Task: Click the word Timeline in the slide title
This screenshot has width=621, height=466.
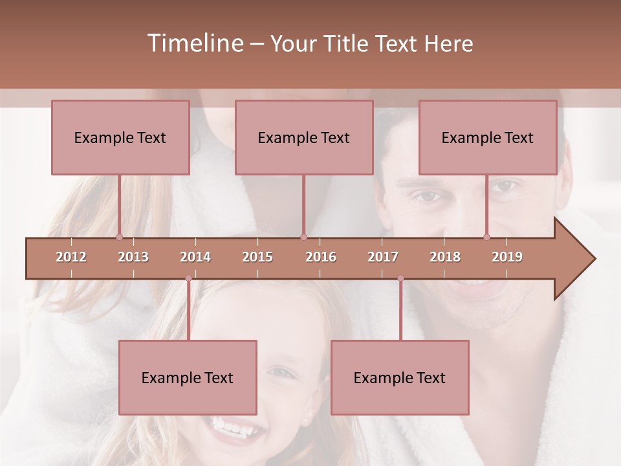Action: (x=195, y=43)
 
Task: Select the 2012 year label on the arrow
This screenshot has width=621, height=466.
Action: (x=71, y=257)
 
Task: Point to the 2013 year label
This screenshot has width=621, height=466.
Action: (x=133, y=257)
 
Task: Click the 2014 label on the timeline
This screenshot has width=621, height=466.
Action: (x=195, y=257)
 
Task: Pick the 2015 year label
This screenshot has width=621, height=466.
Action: (x=257, y=257)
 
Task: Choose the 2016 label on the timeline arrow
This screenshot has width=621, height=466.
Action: (x=321, y=257)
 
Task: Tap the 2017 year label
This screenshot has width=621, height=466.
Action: (x=383, y=257)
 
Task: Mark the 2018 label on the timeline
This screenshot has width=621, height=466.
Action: (x=445, y=257)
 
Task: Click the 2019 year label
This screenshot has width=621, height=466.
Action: (x=507, y=257)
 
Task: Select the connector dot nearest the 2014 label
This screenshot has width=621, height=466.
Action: (x=188, y=278)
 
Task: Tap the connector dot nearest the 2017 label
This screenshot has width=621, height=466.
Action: (x=400, y=278)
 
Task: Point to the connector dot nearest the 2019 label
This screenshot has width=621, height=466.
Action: (x=486, y=237)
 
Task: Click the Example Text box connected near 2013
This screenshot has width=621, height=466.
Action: (x=120, y=138)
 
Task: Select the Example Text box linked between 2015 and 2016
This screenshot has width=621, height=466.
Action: (x=304, y=138)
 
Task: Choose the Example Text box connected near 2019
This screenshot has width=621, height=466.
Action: (x=488, y=138)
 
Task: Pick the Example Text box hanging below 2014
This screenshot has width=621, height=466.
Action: (x=188, y=377)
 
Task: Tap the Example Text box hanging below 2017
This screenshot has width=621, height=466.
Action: (x=400, y=377)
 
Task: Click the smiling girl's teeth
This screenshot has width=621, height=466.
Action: (x=233, y=428)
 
